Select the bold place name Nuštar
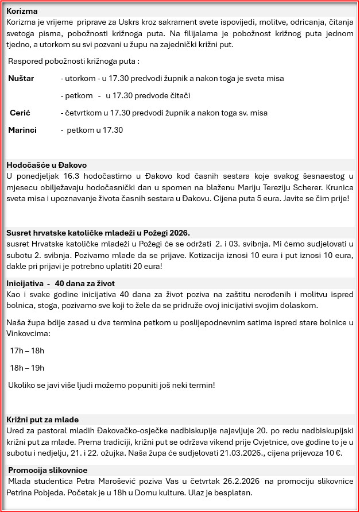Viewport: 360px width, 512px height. tap(21, 78)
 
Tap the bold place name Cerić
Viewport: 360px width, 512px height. tap(20, 113)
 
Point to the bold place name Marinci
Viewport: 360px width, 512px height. tap(22, 130)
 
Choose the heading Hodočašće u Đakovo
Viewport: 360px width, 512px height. tap(47, 165)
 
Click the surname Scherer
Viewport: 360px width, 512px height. tap(337, 187)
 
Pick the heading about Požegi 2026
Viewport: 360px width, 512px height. tap(98, 233)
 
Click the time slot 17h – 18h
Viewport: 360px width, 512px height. tap(27, 351)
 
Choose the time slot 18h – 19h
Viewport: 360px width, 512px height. tap(27, 368)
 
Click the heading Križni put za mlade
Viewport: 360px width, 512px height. tap(42, 419)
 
